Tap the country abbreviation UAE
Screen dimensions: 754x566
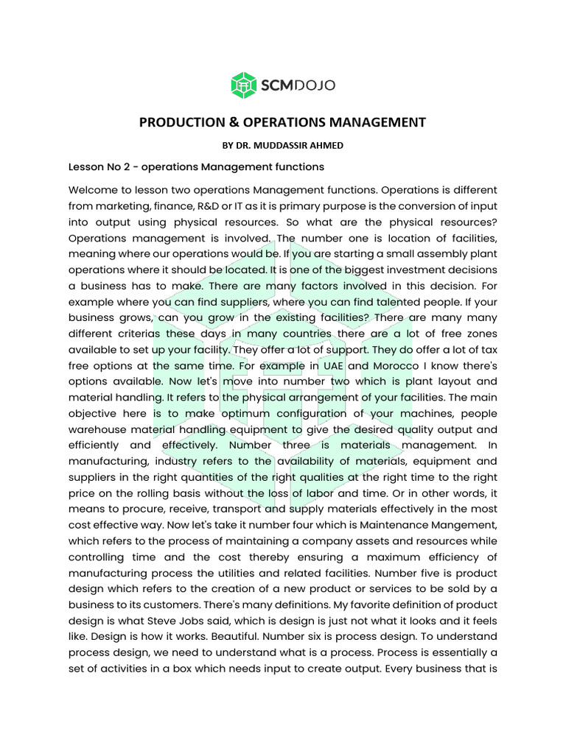tap(332, 366)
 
